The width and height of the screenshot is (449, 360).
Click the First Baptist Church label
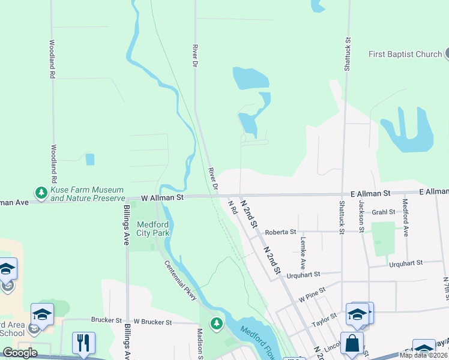pos(405,54)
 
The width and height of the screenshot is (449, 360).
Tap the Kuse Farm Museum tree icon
pos(41,193)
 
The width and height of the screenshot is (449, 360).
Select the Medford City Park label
pos(152,228)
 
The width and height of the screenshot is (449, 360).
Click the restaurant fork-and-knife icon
pos(83,343)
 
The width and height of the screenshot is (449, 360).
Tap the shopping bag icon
pos(352,344)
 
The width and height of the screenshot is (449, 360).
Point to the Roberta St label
pos(281,232)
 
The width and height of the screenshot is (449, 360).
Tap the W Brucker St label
pos(152,322)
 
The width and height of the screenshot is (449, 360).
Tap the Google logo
pos(19,353)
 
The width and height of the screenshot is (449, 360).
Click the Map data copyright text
pos(424,355)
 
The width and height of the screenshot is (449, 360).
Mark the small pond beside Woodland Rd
pos(89,159)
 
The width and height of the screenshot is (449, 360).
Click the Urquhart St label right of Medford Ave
pos(406,263)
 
